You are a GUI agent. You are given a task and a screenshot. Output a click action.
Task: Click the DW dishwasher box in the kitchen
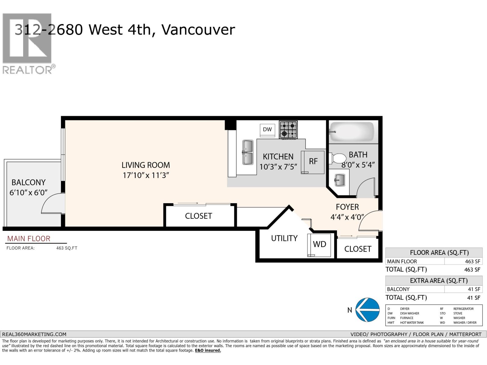tap(267, 129)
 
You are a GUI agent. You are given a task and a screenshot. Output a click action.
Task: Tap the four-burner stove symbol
tap(288, 130)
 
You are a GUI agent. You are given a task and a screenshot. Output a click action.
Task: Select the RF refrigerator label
tap(313, 162)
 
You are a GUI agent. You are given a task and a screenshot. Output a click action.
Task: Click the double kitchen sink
tap(248, 152)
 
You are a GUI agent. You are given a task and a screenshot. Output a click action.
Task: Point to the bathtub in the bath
tap(352, 131)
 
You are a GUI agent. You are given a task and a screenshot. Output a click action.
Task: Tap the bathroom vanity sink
tap(340, 180)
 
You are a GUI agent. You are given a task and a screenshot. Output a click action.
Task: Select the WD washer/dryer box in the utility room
tap(319, 244)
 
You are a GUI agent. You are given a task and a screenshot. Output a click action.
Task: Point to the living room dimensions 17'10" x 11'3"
tap(146, 176)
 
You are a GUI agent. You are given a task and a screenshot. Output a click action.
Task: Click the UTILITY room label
tap(284, 238)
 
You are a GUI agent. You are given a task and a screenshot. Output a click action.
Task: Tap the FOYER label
tap(347, 207)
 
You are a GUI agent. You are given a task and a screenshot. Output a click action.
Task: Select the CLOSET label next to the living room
tap(198, 216)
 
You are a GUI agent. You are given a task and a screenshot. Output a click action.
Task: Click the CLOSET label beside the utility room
tap(358, 249)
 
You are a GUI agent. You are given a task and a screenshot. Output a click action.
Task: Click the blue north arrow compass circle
tap(368, 310)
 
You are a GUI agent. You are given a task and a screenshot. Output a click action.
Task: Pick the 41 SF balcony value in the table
tap(474, 289)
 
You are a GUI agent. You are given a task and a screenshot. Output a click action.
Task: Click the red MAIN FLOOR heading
tap(29, 239)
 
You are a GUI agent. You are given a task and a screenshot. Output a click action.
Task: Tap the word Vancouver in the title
tap(198, 30)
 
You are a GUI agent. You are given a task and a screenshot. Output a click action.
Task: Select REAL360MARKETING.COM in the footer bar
tap(34, 334)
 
